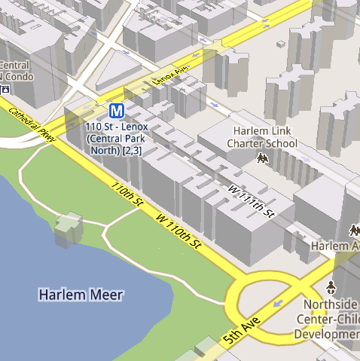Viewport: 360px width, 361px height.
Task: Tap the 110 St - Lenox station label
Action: [x=117, y=139]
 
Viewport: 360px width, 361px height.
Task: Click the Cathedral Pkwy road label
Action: [x=32, y=123]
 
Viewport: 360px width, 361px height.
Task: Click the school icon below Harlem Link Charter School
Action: [x=263, y=158]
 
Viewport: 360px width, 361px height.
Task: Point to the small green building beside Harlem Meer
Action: [x=68, y=228]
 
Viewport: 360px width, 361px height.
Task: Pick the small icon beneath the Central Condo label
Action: [x=5, y=89]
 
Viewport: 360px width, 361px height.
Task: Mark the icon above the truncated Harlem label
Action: [x=354, y=229]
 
